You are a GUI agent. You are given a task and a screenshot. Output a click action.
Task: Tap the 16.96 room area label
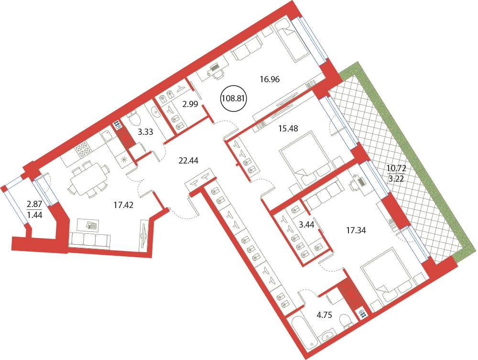(x=270, y=80)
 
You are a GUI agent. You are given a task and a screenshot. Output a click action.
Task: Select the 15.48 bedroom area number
(x=288, y=129)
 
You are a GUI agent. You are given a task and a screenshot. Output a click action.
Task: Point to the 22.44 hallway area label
(x=188, y=160)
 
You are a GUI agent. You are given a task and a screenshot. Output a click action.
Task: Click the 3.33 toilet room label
(x=145, y=132)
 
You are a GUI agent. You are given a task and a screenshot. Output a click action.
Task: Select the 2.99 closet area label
(x=190, y=104)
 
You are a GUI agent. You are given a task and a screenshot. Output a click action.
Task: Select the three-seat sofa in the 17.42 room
(x=90, y=240)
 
